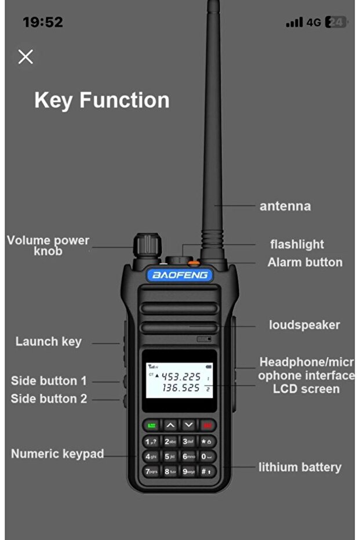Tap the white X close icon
coord(26,56)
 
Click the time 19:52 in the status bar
coord(42,22)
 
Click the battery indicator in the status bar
coord(336,23)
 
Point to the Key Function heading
coord(102,100)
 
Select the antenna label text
coord(285,206)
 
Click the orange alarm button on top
coord(194,263)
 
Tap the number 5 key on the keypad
coord(170,456)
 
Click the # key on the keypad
coord(207,471)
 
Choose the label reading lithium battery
coord(300,467)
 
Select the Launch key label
coord(49,342)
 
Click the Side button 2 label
coord(49,398)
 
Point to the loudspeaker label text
coord(304,325)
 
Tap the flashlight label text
coord(297,244)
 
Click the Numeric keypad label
coord(57,454)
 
